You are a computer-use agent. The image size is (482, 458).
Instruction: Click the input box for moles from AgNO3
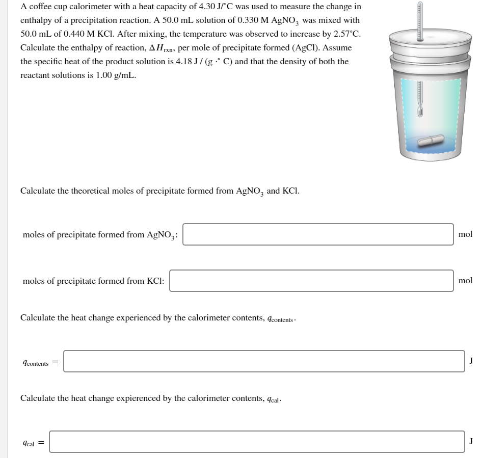click(318, 234)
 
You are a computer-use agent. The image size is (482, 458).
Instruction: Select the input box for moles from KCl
click(311, 281)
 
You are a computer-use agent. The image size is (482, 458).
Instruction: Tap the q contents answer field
click(263, 361)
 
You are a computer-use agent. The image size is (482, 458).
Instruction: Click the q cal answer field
click(257, 442)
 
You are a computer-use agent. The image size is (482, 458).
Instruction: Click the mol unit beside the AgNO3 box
click(465, 234)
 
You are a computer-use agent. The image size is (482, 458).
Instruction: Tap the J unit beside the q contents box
click(471, 361)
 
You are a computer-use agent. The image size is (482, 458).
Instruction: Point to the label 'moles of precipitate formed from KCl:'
click(93, 281)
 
